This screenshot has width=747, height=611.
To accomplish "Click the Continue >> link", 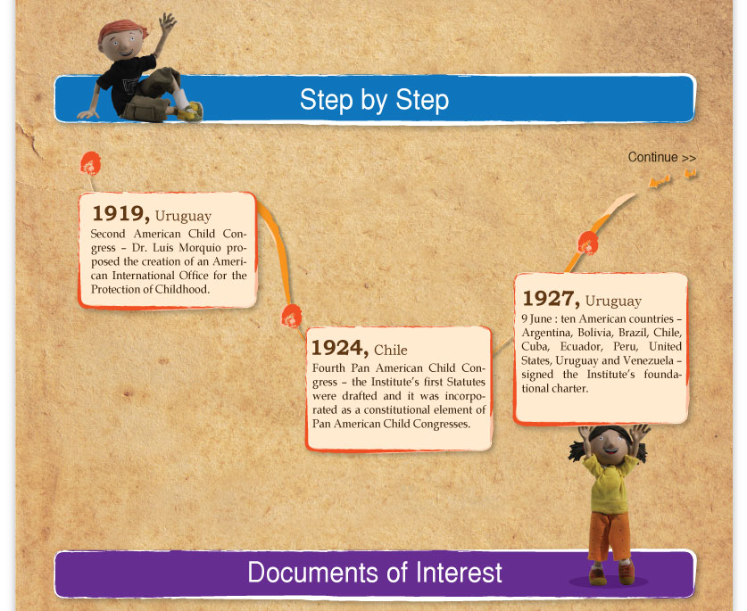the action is (661, 157).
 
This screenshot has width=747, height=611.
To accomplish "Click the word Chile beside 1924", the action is (391, 350).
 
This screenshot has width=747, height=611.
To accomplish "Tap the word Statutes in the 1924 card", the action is (466, 382).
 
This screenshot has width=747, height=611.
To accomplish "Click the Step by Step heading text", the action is (375, 100).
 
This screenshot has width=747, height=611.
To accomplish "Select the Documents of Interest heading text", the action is (375, 572).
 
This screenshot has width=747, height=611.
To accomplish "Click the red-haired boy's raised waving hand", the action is (167, 22).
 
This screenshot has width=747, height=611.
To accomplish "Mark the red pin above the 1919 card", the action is (90, 164).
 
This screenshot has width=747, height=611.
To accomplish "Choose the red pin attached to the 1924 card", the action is (292, 317).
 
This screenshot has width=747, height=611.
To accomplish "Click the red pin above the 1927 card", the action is (588, 243).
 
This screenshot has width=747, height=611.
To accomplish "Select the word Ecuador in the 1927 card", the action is (581, 347).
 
